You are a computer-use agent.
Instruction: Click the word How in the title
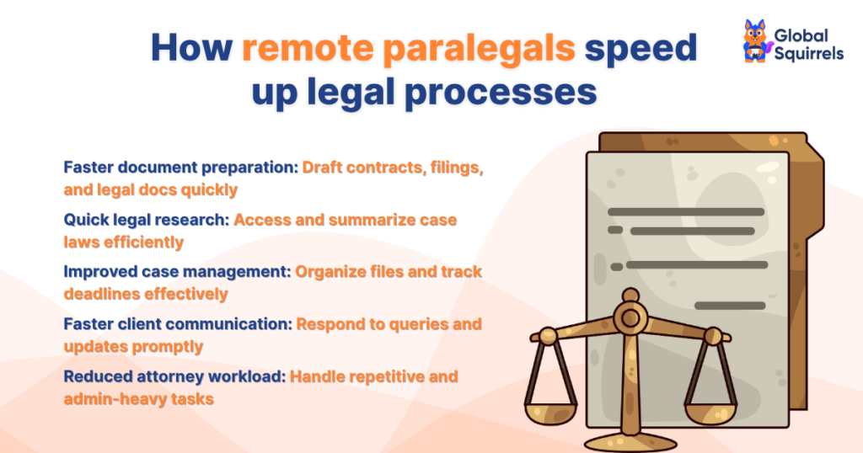tap(190, 48)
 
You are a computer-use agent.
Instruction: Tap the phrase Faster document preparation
tap(180, 168)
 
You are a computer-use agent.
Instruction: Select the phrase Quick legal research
tap(147, 220)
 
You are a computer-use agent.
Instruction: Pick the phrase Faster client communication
tap(177, 324)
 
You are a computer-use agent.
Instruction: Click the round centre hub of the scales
tap(629, 318)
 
